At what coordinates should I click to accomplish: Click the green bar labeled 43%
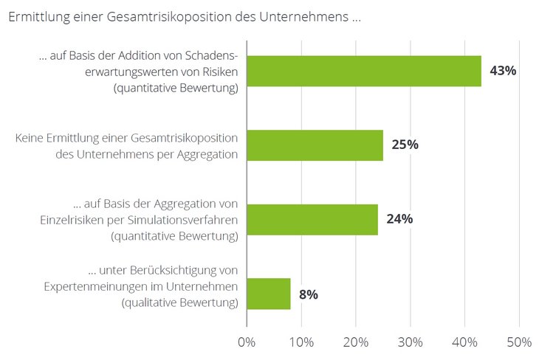[x=363, y=72]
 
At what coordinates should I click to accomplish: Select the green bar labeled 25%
[x=315, y=145]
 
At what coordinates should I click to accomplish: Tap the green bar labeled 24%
[x=312, y=219]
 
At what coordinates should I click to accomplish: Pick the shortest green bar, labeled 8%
[x=268, y=294]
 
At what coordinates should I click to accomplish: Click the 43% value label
[x=503, y=72]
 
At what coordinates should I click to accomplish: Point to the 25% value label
[x=405, y=145]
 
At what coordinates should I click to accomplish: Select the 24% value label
[x=399, y=219]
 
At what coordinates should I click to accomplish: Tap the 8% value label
[x=309, y=294]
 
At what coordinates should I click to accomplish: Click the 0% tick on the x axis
[x=247, y=342]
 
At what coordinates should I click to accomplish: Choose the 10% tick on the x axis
[x=301, y=342]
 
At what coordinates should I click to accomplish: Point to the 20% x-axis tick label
[x=356, y=342]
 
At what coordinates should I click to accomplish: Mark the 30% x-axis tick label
[x=411, y=342]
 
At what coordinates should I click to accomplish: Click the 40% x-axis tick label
[x=464, y=342]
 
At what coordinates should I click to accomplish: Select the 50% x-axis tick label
[x=519, y=342]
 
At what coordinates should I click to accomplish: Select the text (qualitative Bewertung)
[x=175, y=302]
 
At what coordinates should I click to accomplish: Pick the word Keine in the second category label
[x=31, y=138]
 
